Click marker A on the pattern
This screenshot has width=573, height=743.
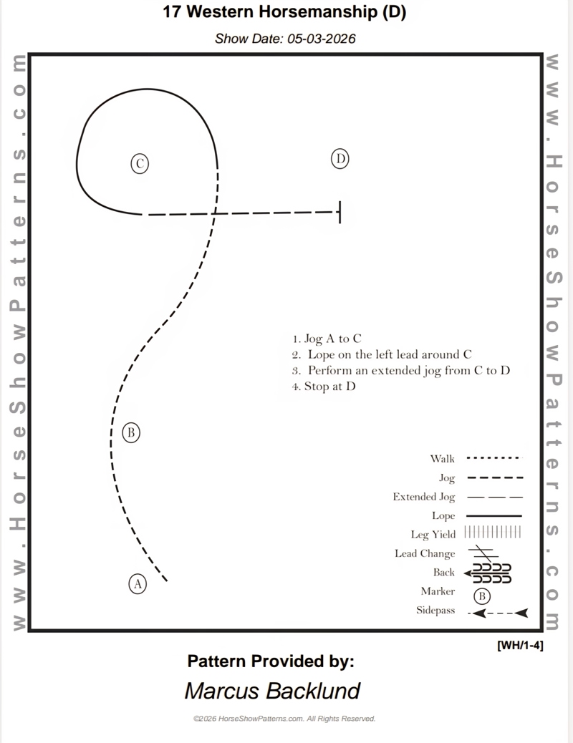pyautogui.click(x=138, y=584)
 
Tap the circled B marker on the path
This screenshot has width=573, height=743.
pyautogui.click(x=130, y=432)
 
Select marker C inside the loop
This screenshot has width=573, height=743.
pyautogui.click(x=140, y=164)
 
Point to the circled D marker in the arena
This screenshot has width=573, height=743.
pyautogui.click(x=340, y=159)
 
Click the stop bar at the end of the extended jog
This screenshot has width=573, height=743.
pyautogui.click(x=339, y=212)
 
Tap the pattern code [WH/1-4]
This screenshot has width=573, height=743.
pyautogui.click(x=520, y=645)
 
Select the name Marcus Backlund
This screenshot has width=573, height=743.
pyautogui.click(x=272, y=691)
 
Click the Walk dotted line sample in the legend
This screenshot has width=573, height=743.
pyautogui.click(x=493, y=458)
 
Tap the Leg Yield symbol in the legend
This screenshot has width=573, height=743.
pyautogui.click(x=493, y=532)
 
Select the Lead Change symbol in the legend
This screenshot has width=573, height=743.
pyautogui.click(x=483, y=553)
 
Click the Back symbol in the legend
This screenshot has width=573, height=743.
pyautogui.click(x=488, y=573)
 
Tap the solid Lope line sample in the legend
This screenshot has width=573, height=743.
pyautogui.click(x=493, y=515)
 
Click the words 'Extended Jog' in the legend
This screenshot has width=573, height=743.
pyautogui.click(x=423, y=497)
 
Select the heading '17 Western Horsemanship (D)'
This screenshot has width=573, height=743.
pyautogui.click(x=284, y=12)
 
